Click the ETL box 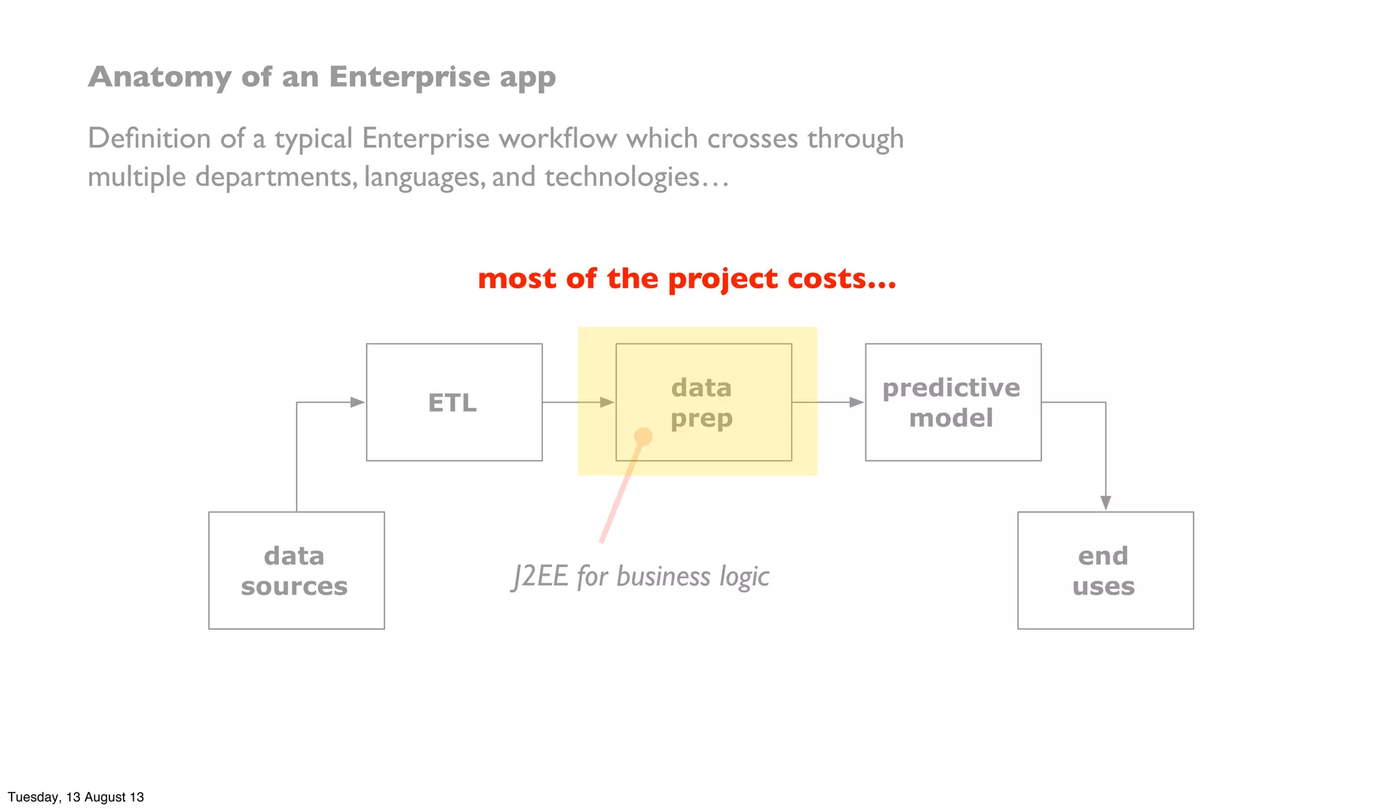pyautogui.click(x=454, y=402)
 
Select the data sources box pyautogui.click(x=296, y=571)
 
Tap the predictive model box pyautogui.click(x=953, y=402)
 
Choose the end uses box pyautogui.click(x=1105, y=571)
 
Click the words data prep pyautogui.click(x=702, y=402)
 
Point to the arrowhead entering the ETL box pyautogui.click(x=357, y=402)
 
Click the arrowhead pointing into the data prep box pyautogui.click(x=607, y=402)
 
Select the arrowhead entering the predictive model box pyautogui.click(x=856, y=402)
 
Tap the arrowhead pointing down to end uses pyautogui.click(x=1105, y=502)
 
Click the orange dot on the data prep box pyautogui.click(x=643, y=436)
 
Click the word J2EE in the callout pyautogui.click(x=540, y=576)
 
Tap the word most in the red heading pyautogui.click(x=516, y=279)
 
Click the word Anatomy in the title pyautogui.click(x=160, y=77)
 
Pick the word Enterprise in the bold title pyautogui.click(x=409, y=77)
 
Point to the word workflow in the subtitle pyautogui.click(x=557, y=139)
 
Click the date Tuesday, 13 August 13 pyautogui.click(x=76, y=797)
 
